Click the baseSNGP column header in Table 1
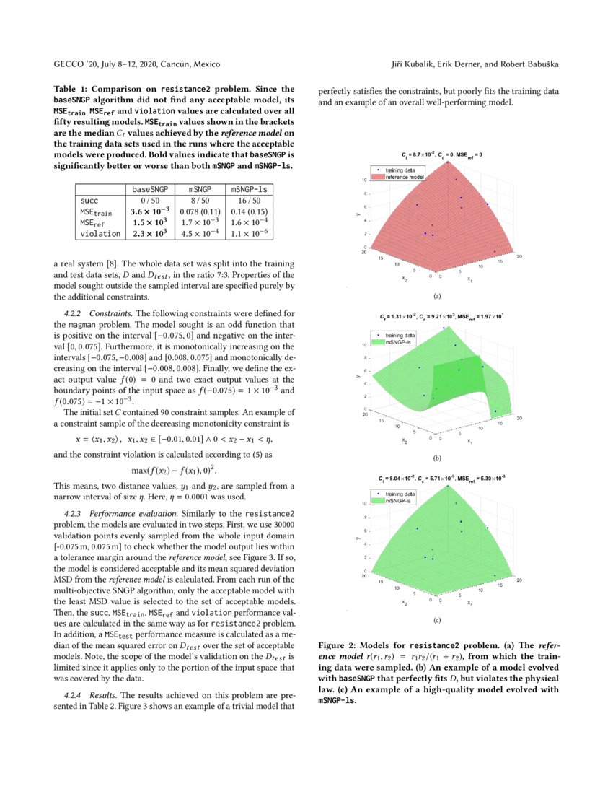[x=149, y=189]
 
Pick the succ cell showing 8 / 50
[x=199, y=200]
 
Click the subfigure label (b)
[x=437, y=458]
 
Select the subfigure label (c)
[x=437, y=619]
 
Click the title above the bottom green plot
[x=441, y=479]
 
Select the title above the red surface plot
[x=441, y=155]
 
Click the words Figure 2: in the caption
[x=338, y=645]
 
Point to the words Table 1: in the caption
[x=72, y=88]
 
